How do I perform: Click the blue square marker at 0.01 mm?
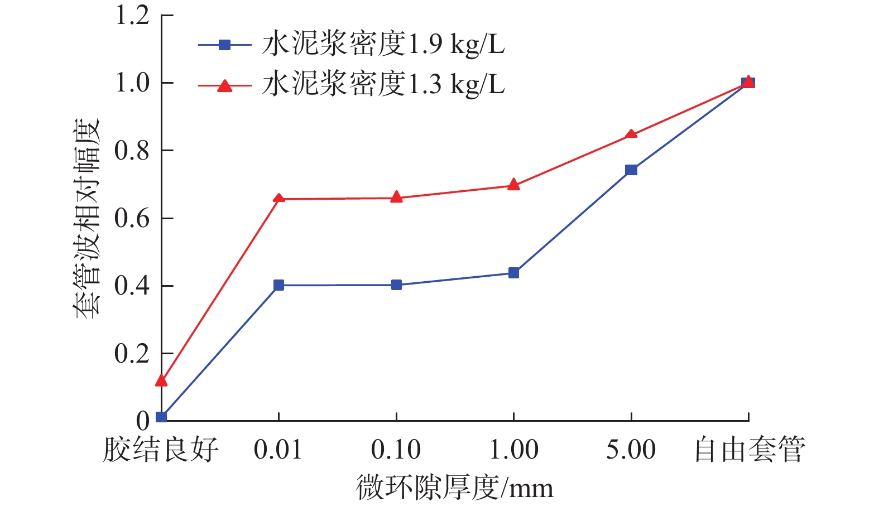point(278,285)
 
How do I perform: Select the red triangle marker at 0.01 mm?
point(278,198)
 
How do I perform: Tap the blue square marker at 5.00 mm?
point(631,170)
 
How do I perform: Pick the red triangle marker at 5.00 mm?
point(631,134)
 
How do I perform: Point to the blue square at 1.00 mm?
point(513,273)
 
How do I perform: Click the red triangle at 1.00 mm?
point(513,185)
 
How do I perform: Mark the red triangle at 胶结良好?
point(161,380)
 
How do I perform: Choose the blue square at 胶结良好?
point(161,417)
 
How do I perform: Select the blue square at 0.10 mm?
point(396,285)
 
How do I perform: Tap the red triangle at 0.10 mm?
point(396,197)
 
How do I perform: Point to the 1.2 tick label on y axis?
point(132,15)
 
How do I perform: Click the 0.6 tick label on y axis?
point(132,218)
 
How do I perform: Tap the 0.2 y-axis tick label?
point(132,354)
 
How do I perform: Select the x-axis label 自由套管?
point(749,450)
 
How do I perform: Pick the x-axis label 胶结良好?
point(161,450)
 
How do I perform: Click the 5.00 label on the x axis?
point(631,450)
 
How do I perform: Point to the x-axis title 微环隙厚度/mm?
point(455,488)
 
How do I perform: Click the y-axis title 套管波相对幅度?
point(88,219)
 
